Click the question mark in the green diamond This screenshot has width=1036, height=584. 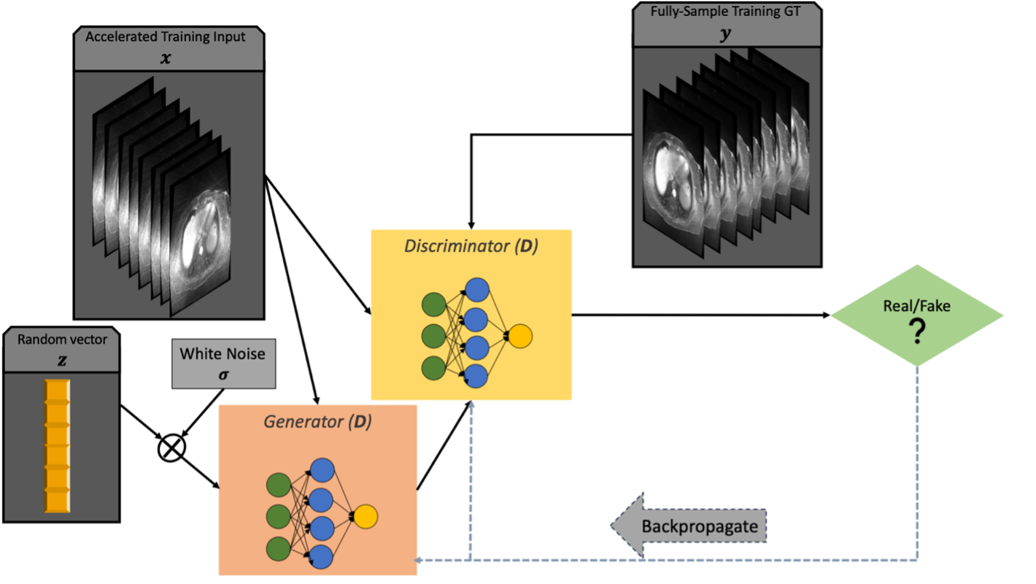coord(916,331)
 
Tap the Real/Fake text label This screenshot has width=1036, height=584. coord(916,306)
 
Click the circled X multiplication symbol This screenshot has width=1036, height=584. coord(171,448)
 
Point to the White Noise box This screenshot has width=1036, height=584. coord(224,364)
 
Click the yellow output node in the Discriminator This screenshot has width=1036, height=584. coord(520,336)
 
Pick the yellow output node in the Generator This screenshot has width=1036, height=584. coord(366,516)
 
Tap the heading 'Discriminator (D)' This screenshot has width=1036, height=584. coord(471,246)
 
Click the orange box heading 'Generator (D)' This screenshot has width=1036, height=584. coord(318,421)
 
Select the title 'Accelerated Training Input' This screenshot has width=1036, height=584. coord(165,36)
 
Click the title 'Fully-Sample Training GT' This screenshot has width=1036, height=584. coord(725,12)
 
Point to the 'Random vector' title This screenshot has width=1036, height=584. coord(62,339)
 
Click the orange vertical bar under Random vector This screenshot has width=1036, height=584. coord(58,446)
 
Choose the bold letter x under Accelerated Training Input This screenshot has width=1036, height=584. coord(166,58)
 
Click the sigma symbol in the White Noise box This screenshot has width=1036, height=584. coord(223,374)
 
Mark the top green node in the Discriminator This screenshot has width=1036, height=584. coord(433,304)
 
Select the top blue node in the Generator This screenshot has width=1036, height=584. coord(322,470)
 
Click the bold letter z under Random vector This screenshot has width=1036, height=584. coord(62,360)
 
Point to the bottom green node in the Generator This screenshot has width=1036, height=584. coord(279,549)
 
